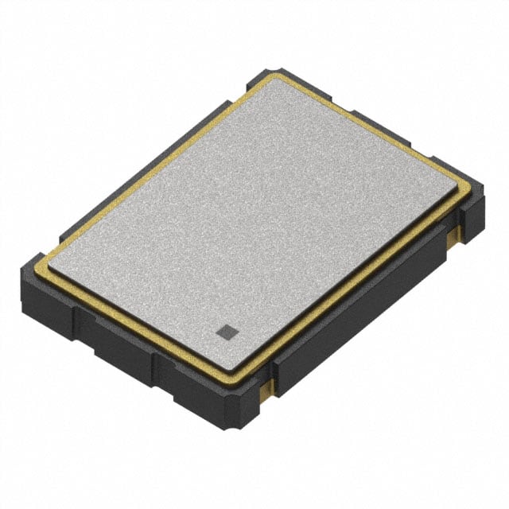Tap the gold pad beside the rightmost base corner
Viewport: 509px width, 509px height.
[x=456, y=232]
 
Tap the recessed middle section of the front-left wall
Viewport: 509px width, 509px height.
[x=119, y=342]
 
